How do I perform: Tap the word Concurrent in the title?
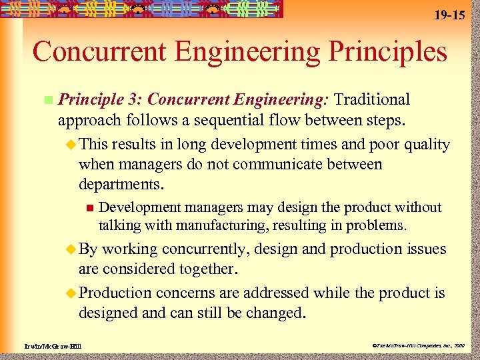tap(103, 51)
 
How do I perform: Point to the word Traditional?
tap(372, 100)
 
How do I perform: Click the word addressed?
tap(276, 293)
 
